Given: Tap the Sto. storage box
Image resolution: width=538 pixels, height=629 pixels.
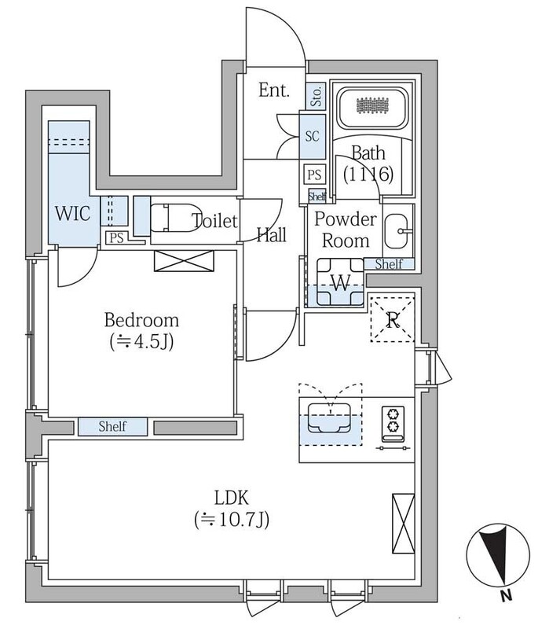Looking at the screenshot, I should point(317,97).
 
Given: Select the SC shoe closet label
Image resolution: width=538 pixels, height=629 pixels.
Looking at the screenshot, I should point(312,135).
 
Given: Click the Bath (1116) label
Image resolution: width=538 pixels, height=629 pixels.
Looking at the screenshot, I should point(366,164).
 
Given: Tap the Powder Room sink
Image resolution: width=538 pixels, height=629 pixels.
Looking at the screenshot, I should point(400,230).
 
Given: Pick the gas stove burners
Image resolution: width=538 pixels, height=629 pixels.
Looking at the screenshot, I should point(391,421).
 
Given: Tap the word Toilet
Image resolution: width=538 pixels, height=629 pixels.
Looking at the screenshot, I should point(214,222).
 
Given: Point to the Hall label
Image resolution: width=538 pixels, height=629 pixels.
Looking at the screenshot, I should point(271,234).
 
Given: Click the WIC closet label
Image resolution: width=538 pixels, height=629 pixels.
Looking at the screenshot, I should point(71,212).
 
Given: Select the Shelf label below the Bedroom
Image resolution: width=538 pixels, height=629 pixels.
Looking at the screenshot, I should point(113,427).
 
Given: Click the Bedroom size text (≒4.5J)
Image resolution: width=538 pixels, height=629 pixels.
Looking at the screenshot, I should point(141,343).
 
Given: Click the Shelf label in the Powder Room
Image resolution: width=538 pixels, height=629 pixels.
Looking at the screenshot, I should point(388,265).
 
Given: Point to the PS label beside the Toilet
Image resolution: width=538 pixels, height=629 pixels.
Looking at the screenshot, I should point(115,238).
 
